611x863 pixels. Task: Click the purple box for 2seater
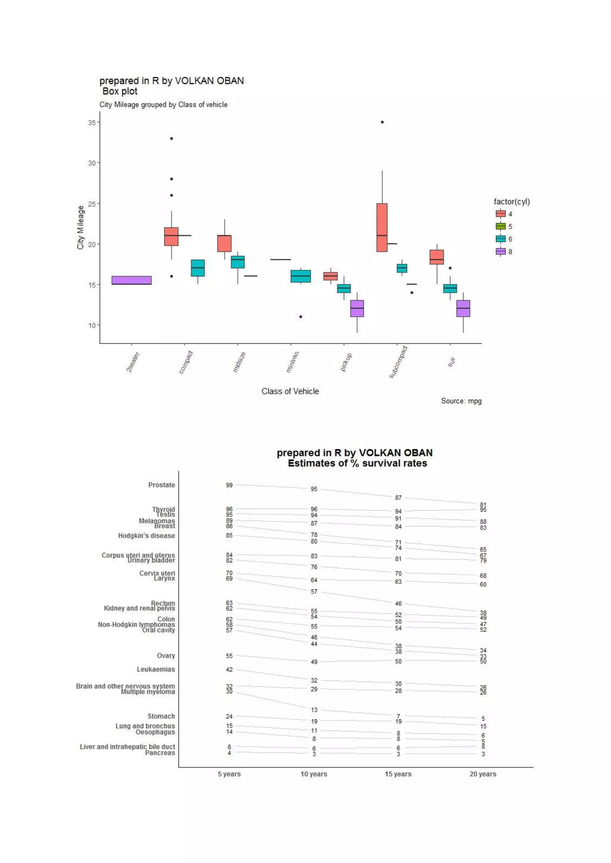[132, 280]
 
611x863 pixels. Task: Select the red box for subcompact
[382, 227]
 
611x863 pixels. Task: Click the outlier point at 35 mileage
[382, 122]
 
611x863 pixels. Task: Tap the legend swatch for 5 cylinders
[500, 226]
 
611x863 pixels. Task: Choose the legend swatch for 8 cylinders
[500, 252]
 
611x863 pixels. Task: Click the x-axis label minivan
[293, 362]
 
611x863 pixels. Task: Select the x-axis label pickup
[346, 362]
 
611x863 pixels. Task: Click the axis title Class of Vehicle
[290, 391]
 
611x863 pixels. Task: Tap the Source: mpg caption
[461, 401]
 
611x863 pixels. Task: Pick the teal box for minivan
[301, 276]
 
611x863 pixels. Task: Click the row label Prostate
[161, 485]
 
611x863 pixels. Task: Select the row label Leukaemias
[156, 669]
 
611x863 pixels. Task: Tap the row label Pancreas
[160, 753]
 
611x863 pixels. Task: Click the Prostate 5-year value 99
[229, 485]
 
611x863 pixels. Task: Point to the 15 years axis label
[398, 774]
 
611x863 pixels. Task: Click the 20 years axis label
[483, 774]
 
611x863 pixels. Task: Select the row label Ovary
[166, 656]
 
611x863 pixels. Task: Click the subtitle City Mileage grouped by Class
[163, 105]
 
